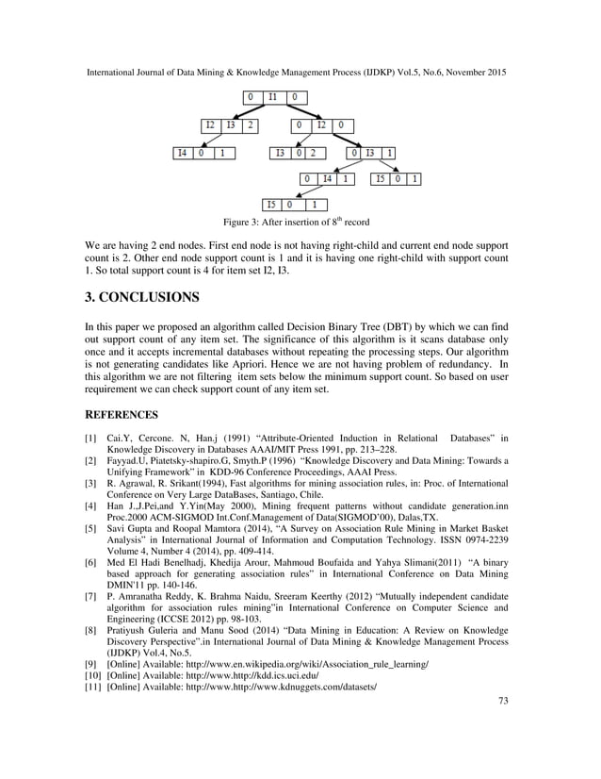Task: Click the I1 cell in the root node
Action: pyautogui.click(x=272, y=97)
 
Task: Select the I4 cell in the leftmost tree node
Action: pyautogui.click(x=183, y=153)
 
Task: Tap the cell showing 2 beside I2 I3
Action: pyautogui.click(x=252, y=124)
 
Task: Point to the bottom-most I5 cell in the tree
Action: pyautogui.click(x=271, y=204)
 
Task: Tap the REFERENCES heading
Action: pyautogui.click(x=121, y=413)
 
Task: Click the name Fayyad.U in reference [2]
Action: pyautogui.click(x=130, y=459)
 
